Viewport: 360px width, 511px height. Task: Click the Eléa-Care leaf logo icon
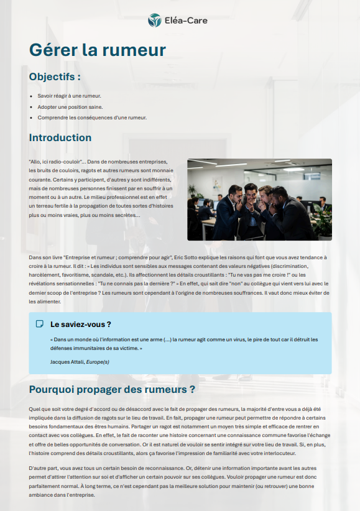point(154,21)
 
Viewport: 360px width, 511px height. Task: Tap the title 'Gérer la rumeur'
point(98,50)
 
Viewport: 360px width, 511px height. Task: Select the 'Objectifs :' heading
point(55,76)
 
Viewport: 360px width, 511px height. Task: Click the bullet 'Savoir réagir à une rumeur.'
point(69,96)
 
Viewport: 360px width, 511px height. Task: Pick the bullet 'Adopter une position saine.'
point(70,107)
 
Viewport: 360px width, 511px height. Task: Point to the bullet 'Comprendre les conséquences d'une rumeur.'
point(92,117)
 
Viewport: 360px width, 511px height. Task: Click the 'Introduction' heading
point(60,137)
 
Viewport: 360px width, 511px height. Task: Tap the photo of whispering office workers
point(259,200)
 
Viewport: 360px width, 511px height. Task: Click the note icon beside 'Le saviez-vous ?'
point(40,324)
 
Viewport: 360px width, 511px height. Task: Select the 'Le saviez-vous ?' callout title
point(81,324)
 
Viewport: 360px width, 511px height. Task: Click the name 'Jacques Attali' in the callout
point(67,362)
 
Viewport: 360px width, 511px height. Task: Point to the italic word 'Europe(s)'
point(98,362)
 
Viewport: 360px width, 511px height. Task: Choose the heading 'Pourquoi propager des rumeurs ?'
point(113,390)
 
